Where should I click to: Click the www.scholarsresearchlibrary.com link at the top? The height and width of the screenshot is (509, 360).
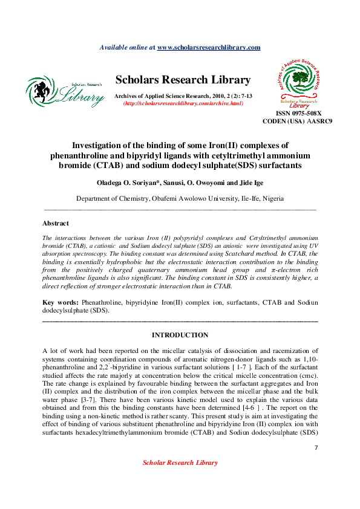209,47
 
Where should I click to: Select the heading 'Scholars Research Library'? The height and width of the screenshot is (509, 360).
183,80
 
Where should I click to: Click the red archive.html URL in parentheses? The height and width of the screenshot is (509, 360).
183,104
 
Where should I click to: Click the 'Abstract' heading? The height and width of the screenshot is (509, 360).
56,224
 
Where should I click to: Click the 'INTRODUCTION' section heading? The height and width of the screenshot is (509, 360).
180,335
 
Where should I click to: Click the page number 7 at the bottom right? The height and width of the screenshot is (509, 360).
316,447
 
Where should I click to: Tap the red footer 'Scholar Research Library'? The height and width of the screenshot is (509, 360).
180,462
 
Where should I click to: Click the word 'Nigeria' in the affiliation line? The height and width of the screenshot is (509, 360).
270,198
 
